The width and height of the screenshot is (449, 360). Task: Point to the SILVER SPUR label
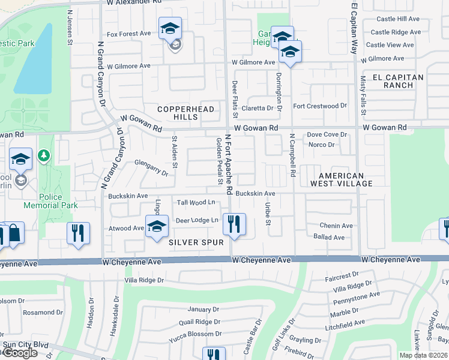pos(196,242)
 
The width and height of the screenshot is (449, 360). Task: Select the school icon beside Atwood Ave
pos(157,226)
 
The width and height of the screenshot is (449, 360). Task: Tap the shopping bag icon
pos(14,233)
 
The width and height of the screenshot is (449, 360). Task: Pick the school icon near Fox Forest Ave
pos(170,28)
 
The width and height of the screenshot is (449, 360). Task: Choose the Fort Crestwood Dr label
pos(319,106)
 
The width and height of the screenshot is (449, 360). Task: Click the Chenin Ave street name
pos(336,226)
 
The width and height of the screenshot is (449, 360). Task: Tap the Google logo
pos(20,353)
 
